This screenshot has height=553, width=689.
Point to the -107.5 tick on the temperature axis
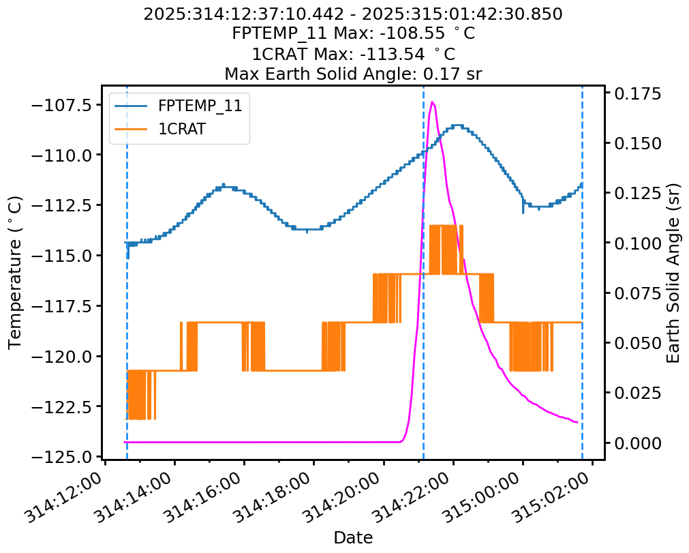tap(65, 104)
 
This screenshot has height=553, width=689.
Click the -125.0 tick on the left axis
tap(65, 457)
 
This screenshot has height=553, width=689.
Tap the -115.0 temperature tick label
tap(65, 256)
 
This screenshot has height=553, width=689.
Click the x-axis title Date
tap(353, 538)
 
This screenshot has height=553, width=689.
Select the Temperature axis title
tap(16, 272)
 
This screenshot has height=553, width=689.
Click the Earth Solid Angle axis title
tap(673, 272)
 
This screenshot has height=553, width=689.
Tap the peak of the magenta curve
tap(433, 102)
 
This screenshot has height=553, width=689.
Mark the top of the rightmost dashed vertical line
tap(582, 87)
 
